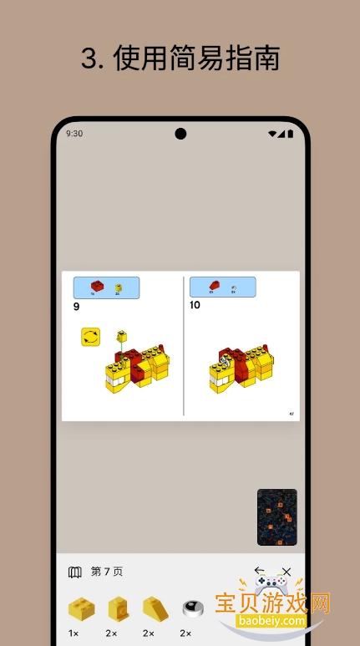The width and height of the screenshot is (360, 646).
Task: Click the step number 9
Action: coord(77,307)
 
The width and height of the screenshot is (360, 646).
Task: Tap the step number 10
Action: coord(195,305)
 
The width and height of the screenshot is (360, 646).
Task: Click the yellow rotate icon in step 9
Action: coord(91,337)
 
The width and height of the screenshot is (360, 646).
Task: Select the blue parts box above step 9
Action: coord(106,287)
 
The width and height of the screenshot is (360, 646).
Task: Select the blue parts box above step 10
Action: coord(222,287)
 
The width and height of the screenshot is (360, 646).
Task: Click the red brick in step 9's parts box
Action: coord(96,287)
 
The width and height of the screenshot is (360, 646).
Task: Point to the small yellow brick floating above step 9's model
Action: coord(122,335)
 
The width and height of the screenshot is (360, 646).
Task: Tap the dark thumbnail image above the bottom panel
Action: coord(276,516)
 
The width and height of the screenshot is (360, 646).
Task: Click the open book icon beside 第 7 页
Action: coord(75,572)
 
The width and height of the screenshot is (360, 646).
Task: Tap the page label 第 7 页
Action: coord(107,572)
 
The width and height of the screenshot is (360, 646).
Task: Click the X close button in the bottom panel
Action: coord(286,572)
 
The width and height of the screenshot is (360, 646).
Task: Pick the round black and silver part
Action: coord(193,608)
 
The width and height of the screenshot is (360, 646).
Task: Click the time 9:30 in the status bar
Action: coord(74,134)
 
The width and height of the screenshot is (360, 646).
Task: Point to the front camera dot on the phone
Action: coord(180,134)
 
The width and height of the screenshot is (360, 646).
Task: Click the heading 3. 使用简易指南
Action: coord(180,58)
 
